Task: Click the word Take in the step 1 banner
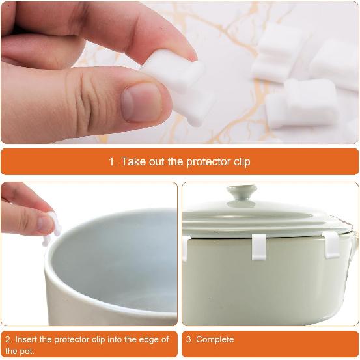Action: coord(133,161)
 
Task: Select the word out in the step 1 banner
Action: coord(157,162)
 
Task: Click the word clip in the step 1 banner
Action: coord(242,162)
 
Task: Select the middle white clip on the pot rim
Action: coord(259,247)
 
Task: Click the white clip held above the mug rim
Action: coord(51,228)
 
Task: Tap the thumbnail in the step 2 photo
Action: coord(46,225)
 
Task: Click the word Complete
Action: coord(215,340)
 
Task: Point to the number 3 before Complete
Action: coord(189,340)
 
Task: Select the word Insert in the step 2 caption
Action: coord(26,339)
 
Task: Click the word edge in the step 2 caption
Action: coord(143,340)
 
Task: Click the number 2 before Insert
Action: coord(8,339)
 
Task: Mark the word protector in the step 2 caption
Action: coord(72,340)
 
